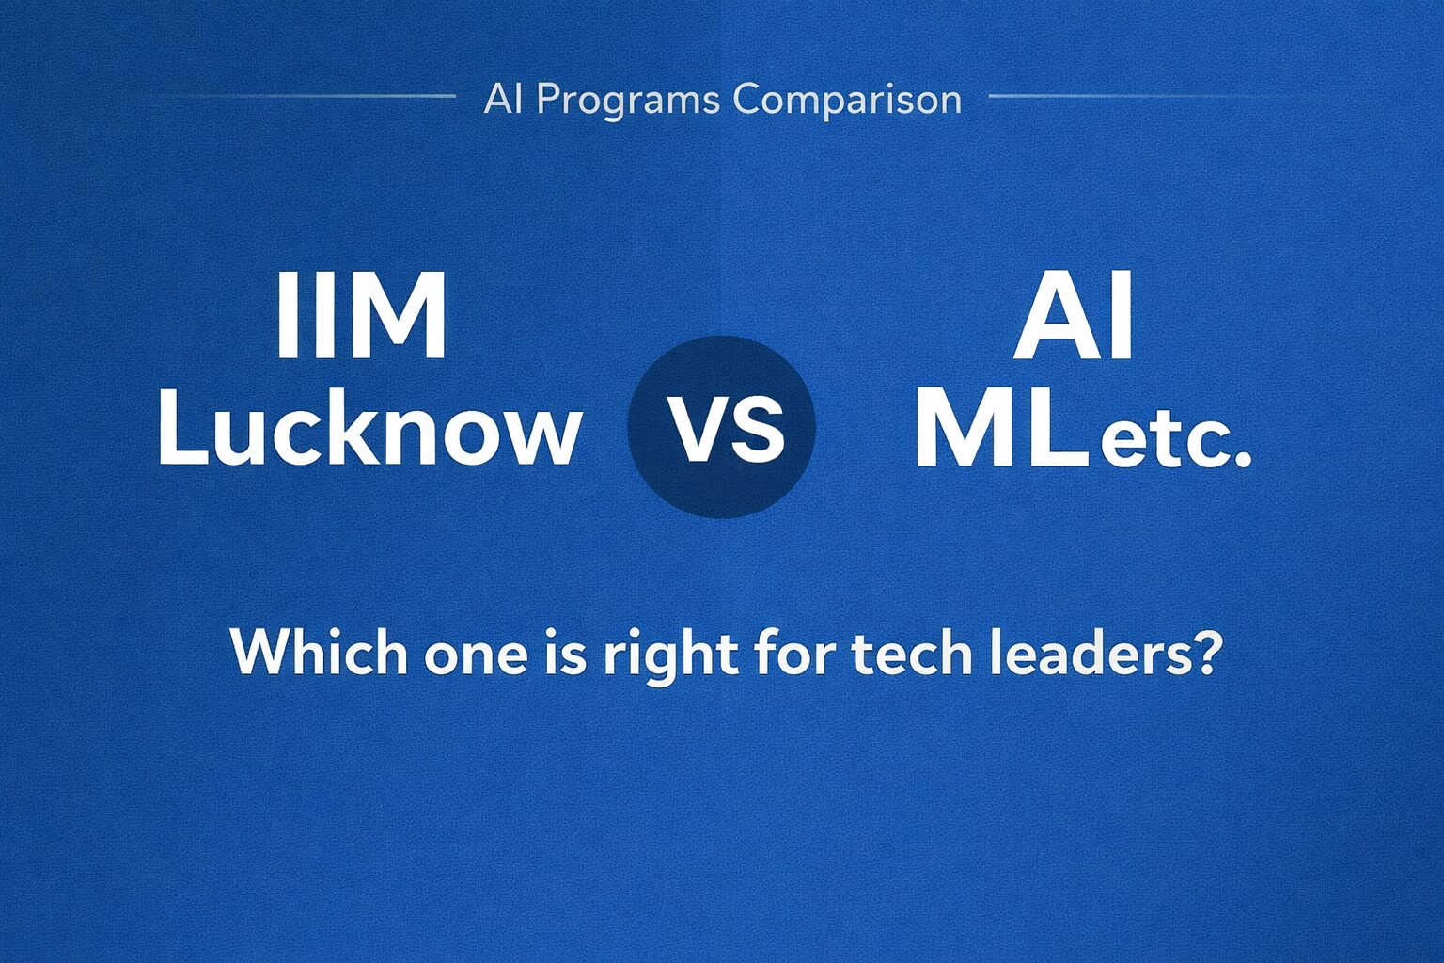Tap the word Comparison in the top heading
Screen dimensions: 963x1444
[847, 100]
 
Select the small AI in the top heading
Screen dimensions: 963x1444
[503, 100]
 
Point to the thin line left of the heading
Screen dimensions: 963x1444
[310, 96]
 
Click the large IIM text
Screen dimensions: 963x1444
[361, 317]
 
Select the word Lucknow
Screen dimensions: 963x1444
[369, 430]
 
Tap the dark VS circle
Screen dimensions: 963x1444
[721, 427]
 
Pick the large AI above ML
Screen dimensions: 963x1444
[1074, 317]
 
